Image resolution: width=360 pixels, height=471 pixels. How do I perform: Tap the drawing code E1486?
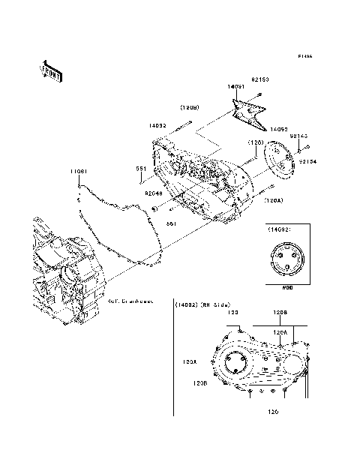[x=304, y=56]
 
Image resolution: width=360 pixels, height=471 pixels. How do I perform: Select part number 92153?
[x=259, y=79]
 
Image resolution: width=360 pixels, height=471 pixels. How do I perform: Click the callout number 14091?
[x=236, y=88]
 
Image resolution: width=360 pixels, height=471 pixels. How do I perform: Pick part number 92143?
[x=299, y=136]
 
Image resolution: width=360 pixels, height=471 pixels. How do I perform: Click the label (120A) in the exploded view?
[x=274, y=201]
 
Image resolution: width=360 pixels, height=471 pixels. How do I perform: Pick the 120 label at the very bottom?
[x=274, y=411]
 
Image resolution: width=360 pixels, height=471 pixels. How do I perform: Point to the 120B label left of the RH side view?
[x=199, y=382]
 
